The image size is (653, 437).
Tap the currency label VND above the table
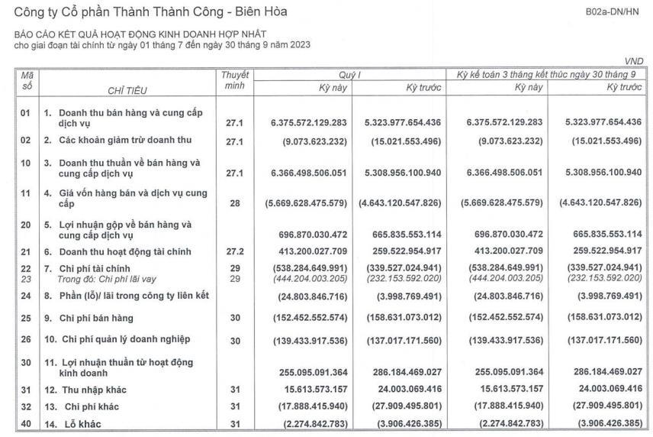point(634,61)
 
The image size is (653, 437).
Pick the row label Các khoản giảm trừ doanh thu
point(117,140)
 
